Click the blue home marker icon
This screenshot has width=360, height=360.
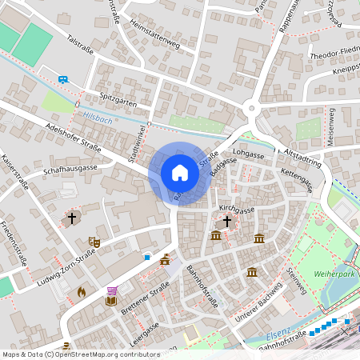coord(180,172)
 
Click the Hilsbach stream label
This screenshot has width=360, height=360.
coord(98,120)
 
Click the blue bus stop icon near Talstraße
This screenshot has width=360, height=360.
coord(63,78)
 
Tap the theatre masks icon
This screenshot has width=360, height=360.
coord(94,240)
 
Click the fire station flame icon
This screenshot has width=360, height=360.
coord(82,292)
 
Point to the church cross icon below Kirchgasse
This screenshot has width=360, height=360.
coord(226,221)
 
